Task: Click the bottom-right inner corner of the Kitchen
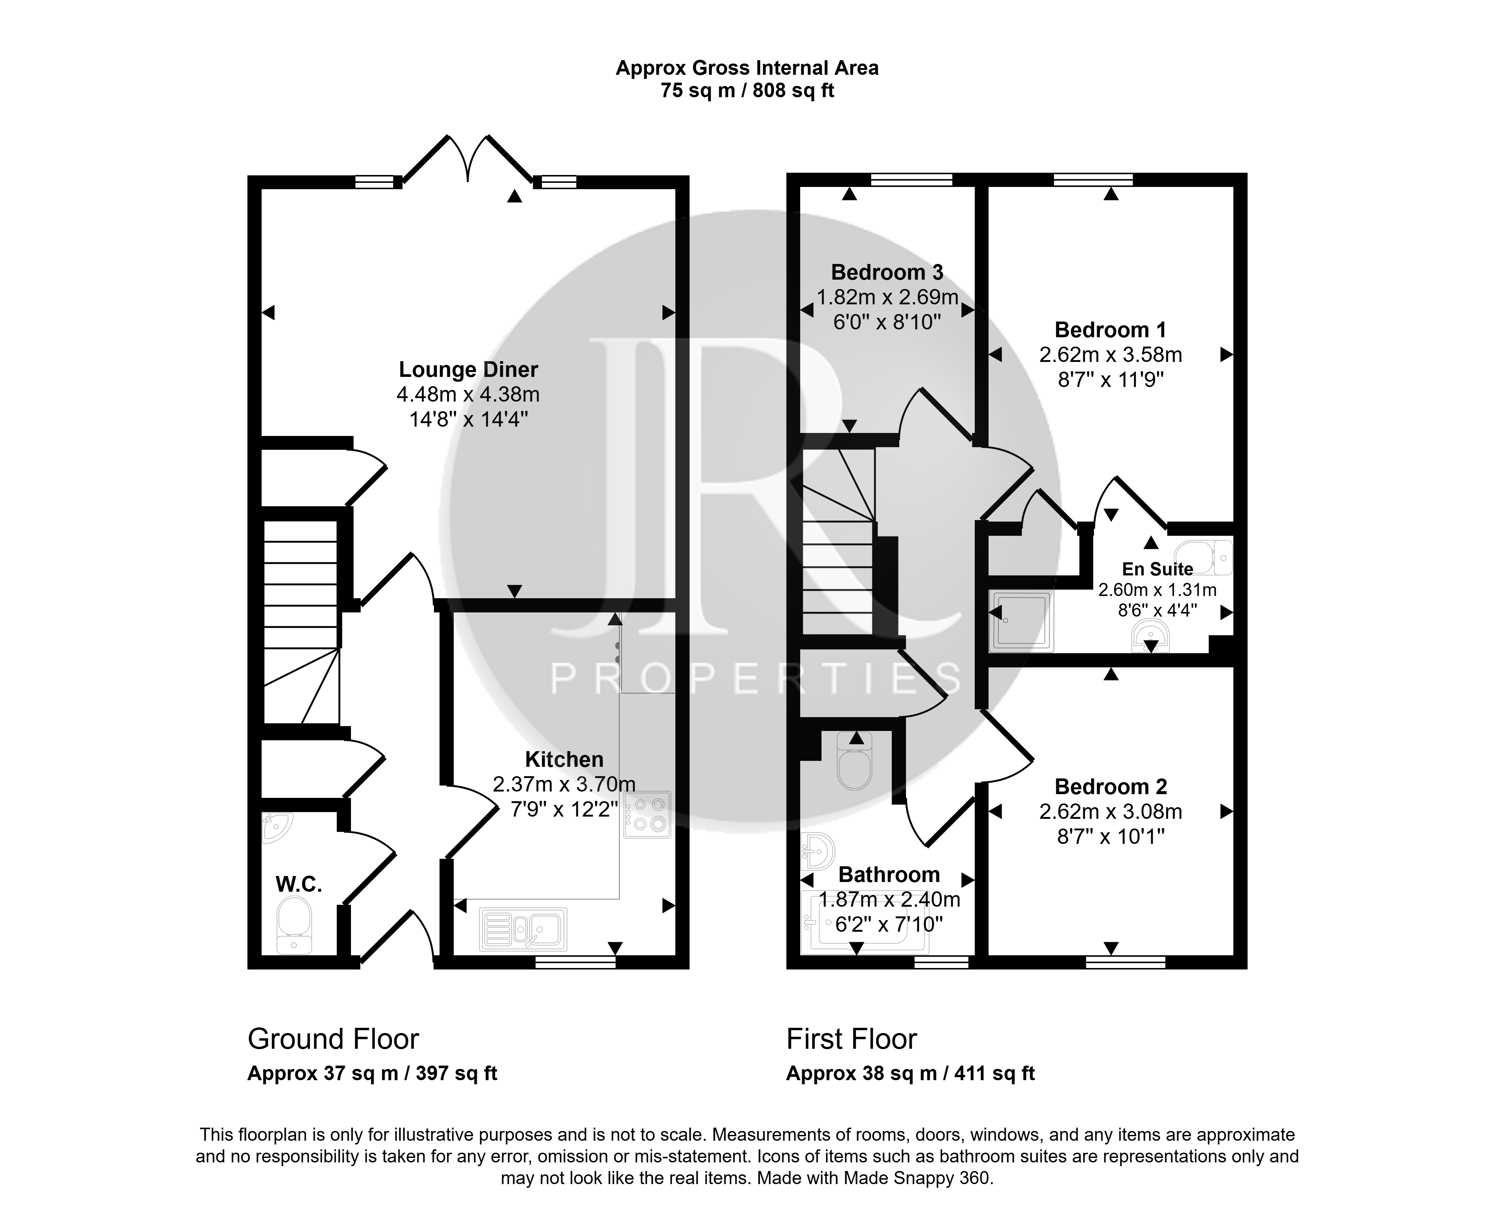(x=676, y=956)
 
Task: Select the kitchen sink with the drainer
(x=523, y=929)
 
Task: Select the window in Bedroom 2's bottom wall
(x=1126, y=962)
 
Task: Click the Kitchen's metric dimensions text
(x=564, y=784)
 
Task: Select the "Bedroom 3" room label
(x=887, y=272)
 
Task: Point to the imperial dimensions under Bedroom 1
(x=1111, y=380)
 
